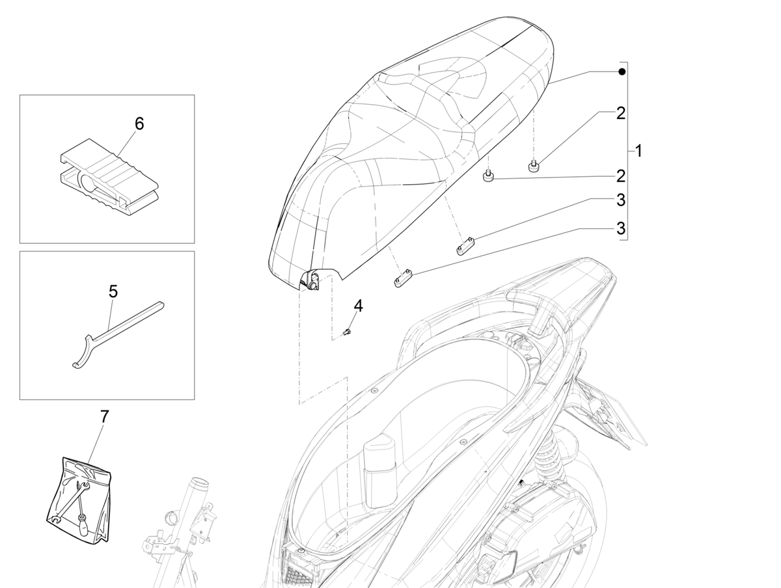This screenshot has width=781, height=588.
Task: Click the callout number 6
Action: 139,124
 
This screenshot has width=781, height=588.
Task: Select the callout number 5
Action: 113,291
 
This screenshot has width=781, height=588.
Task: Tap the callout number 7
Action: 103,417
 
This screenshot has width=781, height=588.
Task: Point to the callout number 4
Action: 358,306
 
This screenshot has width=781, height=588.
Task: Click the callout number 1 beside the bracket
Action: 638,151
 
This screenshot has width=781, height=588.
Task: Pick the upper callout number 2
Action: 620,113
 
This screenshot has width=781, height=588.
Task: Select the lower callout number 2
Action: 620,176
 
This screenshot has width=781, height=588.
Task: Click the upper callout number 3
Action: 620,200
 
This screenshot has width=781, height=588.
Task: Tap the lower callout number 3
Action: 620,228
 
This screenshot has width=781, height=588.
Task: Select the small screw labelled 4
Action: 346,332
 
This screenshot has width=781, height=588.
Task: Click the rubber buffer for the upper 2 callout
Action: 533,167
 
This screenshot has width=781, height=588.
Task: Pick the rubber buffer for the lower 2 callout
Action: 488,177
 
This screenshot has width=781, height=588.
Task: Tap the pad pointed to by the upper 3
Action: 465,247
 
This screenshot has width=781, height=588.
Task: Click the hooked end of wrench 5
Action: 81,354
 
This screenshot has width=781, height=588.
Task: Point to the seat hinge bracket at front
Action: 310,280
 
